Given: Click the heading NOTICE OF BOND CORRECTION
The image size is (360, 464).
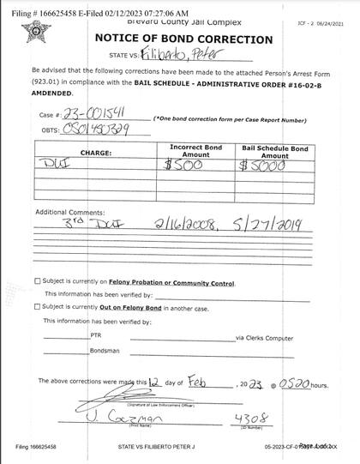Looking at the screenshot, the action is pyautogui.click(x=183, y=39).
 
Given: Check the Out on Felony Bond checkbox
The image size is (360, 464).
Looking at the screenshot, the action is pyautogui.click(x=36, y=306).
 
